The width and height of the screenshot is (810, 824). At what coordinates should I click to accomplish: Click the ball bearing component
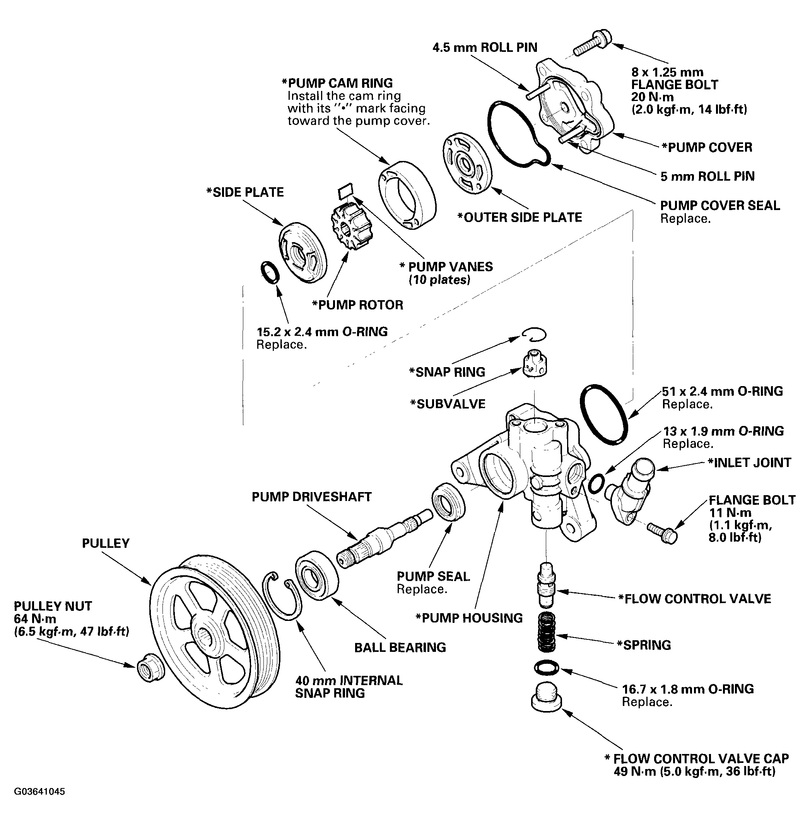pos(317,575)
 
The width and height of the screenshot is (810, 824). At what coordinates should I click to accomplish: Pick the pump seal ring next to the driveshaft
pos(448,501)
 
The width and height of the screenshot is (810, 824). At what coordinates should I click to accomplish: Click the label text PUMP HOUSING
pos(469,618)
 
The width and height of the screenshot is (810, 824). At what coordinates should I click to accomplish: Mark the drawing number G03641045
pos(39,792)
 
